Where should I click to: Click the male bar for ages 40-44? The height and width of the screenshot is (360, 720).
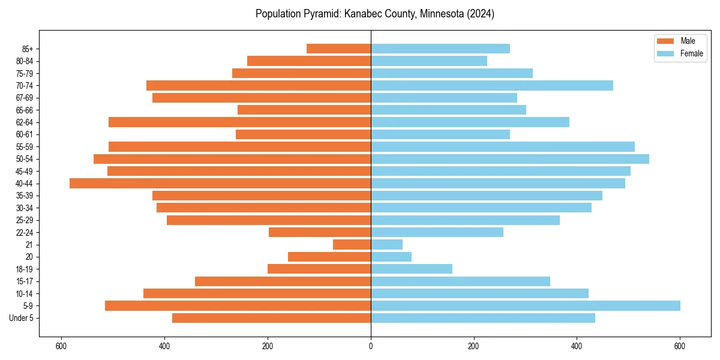click(220, 183)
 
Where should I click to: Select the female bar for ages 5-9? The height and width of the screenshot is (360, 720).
click(525, 305)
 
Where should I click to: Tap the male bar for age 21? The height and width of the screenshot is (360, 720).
click(352, 244)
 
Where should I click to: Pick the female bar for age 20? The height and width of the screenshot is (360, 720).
click(391, 257)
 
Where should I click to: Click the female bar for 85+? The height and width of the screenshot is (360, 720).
click(440, 49)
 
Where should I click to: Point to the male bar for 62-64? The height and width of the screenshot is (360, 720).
click(239, 122)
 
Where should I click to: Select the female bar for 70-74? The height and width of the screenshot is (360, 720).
click(492, 85)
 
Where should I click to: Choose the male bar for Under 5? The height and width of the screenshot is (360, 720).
click(271, 318)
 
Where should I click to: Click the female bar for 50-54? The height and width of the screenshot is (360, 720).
click(510, 159)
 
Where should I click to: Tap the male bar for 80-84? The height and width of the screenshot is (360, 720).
click(309, 61)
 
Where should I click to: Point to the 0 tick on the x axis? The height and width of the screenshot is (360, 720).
click(371, 346)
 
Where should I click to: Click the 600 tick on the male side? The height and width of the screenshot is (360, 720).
click(61, 346)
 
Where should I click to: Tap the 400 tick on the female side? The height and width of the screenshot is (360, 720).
click(577, 346)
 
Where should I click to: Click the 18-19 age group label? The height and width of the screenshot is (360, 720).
click(24, 269)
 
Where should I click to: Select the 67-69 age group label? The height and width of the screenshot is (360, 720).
click(24, 97)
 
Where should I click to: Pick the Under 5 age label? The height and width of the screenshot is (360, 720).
click(22, 318)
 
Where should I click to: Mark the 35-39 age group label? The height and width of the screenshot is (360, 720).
click(24, 196)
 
